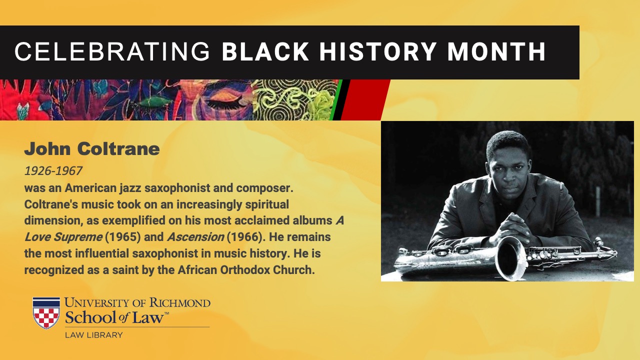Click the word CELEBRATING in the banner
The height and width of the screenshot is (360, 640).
click(x=112, y=51)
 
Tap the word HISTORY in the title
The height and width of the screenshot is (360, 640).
click(x=377, y=51)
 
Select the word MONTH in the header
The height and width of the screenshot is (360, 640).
click(x=496, y=51)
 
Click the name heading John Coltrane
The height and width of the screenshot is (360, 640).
click(x=92, y=149)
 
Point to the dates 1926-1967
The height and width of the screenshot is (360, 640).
click(x=53, y=171)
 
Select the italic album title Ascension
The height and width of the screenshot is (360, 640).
click(x=195, y=237)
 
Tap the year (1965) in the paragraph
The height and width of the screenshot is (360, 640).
click(x=123, y=237)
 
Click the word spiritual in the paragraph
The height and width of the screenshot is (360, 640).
click(x=267, y=205)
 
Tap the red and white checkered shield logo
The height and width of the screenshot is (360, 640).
click(x=46, y=313)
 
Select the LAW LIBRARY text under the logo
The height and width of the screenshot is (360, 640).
click(x=93, y=335)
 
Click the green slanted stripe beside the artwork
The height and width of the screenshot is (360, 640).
click(x=336, y=99)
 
